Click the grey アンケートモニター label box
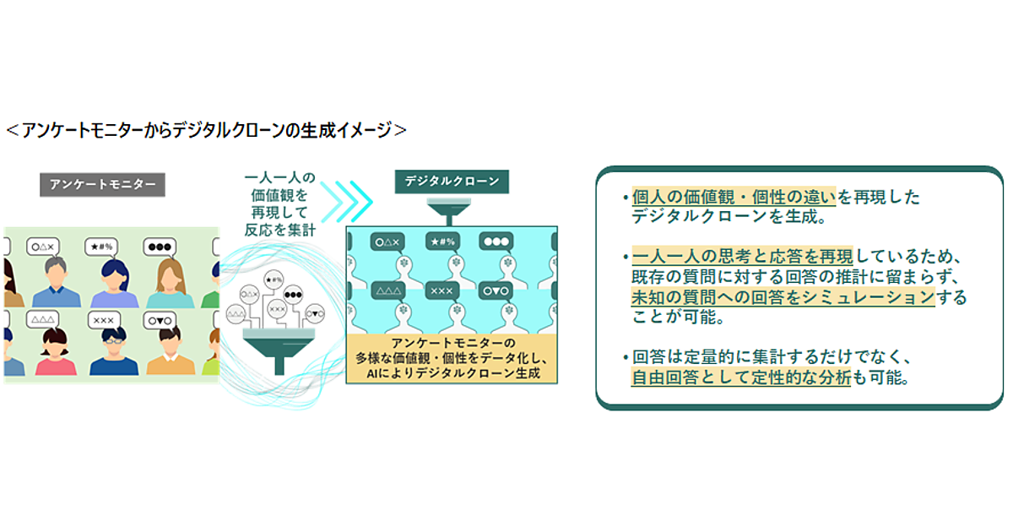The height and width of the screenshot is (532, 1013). click(x=102, y=185)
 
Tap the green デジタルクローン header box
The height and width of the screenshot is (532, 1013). click(x=452, y=182)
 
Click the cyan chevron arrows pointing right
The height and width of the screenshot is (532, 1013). click(x=346, y=202)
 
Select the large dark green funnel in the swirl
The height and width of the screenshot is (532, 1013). click(x=279, y=351)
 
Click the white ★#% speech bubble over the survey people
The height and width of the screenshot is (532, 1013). click(x=102, y=247)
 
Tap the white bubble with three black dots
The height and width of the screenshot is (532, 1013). click(x=160, y=247)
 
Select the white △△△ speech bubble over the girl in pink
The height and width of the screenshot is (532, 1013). click(x=42, y=320)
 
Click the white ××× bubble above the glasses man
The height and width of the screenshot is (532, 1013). click(x=104, y=320)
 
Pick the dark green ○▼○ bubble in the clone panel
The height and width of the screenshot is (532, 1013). click(x=496, y=291)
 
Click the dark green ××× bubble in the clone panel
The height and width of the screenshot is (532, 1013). click(x=441, y=290)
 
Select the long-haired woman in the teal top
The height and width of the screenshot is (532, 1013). click(x=170, y=283)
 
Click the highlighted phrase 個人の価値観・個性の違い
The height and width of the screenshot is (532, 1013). click(x=734, y=198)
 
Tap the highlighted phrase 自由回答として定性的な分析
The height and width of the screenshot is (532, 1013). click(x=741, y=377)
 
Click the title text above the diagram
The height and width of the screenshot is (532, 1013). click(x=206, y=130)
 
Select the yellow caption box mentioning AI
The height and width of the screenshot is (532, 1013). click(x=452, y=358)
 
